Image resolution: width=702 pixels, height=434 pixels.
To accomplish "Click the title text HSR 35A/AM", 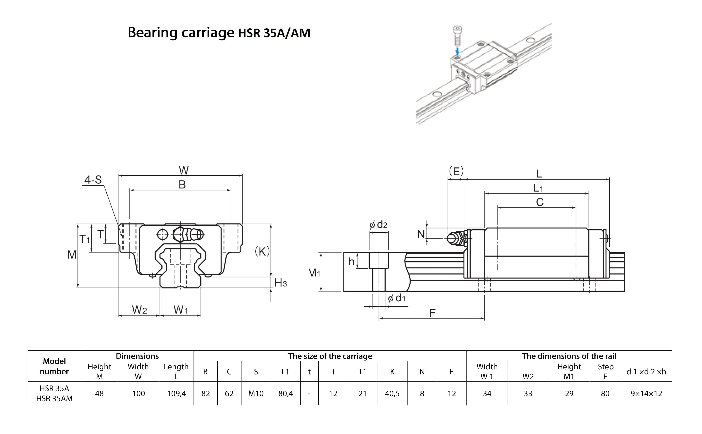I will tap(274, 33).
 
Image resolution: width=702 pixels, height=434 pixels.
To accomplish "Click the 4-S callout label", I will tap(93, 180).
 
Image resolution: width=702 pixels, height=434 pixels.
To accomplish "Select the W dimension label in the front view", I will tap(184, 170).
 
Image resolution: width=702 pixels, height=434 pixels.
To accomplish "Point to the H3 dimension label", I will tap(280, 283).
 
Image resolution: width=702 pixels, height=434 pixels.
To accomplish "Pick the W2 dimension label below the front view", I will tap(139, 310).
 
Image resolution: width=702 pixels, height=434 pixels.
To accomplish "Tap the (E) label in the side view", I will tap(456, 171).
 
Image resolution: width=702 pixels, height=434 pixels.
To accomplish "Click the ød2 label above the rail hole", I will tap(378, 224).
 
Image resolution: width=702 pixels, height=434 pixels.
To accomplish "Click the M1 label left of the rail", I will tap(314, 272).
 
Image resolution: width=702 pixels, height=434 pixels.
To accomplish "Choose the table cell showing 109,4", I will tap(176, 394).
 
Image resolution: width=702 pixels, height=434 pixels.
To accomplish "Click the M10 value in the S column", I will tap(256, 394).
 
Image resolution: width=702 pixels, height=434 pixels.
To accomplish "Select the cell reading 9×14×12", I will tap(646, 394).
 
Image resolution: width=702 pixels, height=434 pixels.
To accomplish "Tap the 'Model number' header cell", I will tap(54, 366).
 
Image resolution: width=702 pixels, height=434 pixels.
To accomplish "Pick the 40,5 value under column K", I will tap(392, 394).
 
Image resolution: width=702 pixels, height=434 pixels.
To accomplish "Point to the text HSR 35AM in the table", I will tap(54, 399).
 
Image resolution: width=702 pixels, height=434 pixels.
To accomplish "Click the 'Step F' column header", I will tap(605, 372).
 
